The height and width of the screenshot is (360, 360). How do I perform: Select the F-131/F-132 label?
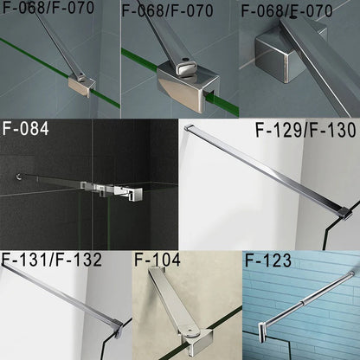pos(52,260)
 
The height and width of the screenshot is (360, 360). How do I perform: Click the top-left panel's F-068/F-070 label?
pos(54,12)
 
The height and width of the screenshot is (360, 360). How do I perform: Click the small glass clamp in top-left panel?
pos(81,83)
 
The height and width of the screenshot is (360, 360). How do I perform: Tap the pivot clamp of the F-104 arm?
pos(177,334)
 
